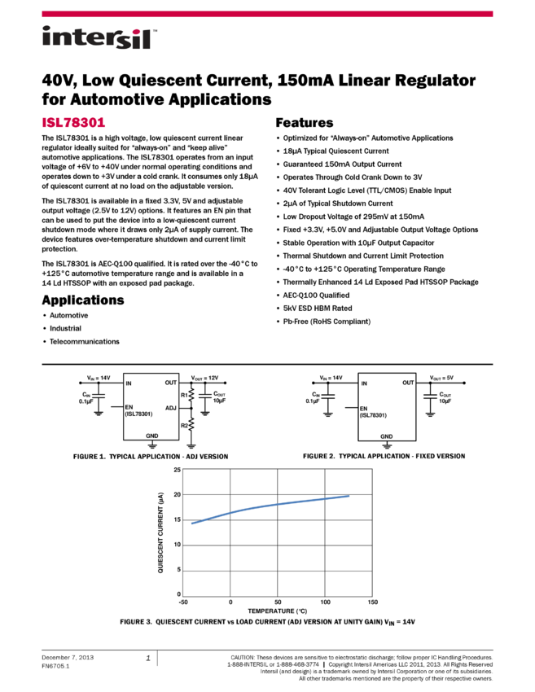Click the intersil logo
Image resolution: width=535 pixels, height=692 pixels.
tap(99, 38)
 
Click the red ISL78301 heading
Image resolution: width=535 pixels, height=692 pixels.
tap(73, 123)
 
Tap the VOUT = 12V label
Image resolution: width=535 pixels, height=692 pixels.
tap(205, 379)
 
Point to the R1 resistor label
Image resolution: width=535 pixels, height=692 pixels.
tap(183, 394)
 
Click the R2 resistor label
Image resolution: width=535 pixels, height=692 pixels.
tap(183, 425)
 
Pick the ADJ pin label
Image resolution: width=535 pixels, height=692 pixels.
tap(170, 408)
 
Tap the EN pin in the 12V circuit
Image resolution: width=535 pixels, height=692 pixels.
tap(129, 406)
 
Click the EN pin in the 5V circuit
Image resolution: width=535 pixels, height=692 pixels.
tap(364, 407)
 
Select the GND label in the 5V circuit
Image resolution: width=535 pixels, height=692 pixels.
tap(387, 436)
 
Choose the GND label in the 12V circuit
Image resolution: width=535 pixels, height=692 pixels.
tap(152, 436)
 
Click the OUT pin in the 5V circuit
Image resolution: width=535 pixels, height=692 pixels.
tap(408, 383)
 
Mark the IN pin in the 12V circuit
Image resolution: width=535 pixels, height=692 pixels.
tap(129, 383)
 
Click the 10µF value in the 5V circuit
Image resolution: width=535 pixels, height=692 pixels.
tap(445, 401)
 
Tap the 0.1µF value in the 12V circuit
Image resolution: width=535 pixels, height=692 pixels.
tap(87, 401)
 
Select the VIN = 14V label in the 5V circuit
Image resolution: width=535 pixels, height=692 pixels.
tap(331, 379)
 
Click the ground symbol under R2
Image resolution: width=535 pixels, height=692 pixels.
tap(191, 445)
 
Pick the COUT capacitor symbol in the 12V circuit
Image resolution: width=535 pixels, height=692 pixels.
tap(204, 396)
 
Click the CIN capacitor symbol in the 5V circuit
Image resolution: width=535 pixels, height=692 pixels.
tap(327, 396)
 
